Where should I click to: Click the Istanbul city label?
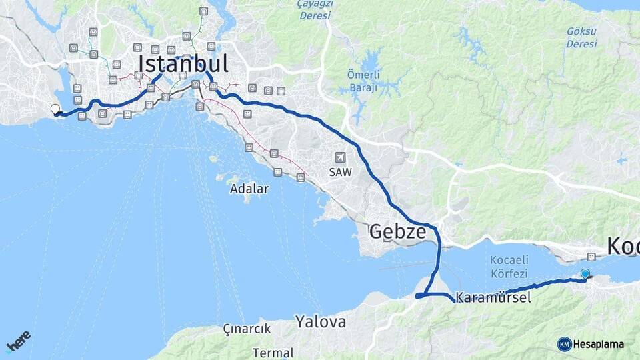[183, 64]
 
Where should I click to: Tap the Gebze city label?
[397, 232]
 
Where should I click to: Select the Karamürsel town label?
[494, 298]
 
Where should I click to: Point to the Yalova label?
[321, 322]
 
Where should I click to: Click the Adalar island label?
[249, 189]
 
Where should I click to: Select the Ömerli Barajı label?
[363, 81]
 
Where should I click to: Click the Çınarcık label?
[247, 329]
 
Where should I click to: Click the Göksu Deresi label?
[581, 37]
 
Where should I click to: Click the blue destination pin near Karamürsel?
[585, 273]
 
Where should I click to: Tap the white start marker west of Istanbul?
[55, 109]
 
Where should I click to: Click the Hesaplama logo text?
[599, 344]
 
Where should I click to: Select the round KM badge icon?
[565, 344]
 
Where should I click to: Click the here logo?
[18, 341]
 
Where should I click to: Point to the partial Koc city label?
[623, 246]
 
